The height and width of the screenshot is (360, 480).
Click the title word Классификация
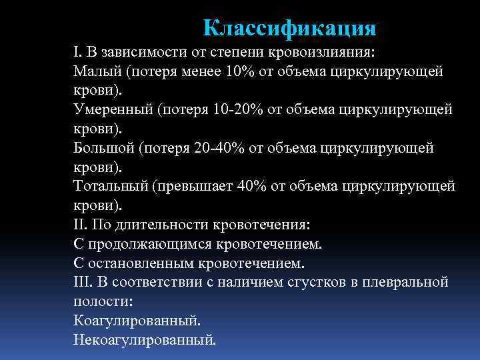coord(289,28)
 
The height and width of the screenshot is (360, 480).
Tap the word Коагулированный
coord(137,320)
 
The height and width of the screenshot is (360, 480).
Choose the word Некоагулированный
coord(145,339)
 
